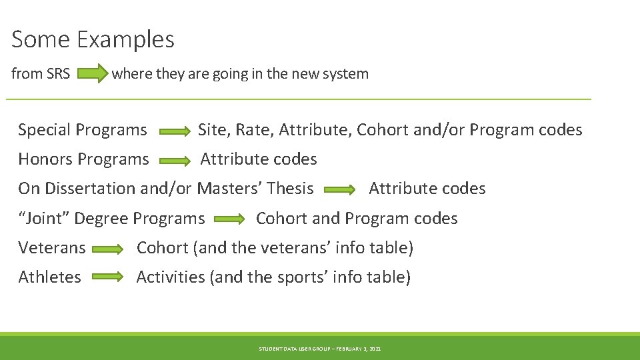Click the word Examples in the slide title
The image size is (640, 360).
tap(125, 40)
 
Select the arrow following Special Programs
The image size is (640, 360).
tap(175, 131)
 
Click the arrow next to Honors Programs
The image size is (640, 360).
tap(175, 161)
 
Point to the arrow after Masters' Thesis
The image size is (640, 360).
tap(340, 190)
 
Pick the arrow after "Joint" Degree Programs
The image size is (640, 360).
tap(231, 219)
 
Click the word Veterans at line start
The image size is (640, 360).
tap(52, 248)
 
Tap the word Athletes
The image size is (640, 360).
tap(50, 277)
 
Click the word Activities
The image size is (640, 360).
tap(171, 277)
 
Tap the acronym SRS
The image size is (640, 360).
tap(59, 74)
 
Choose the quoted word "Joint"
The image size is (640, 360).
tap(43, 218)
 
